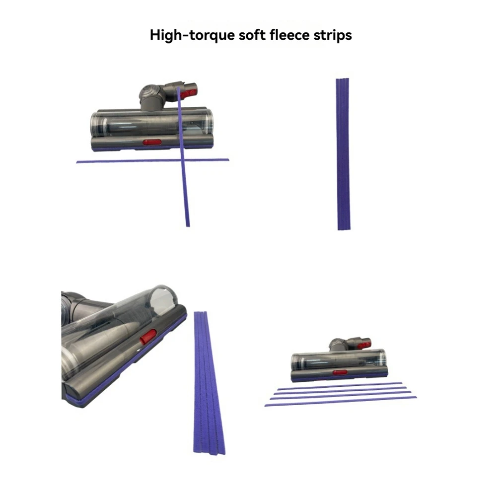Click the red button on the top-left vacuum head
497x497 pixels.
click(152, 142)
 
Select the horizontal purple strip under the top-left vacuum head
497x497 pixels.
click(124, 161)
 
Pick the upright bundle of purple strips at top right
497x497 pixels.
click(343, 154)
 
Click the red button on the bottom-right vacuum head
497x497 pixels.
click(340, 372)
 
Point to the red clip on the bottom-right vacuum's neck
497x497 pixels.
click(365, 344)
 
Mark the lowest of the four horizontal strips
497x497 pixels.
click(340, 401)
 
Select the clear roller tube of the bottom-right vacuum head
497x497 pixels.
click(338, 359)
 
